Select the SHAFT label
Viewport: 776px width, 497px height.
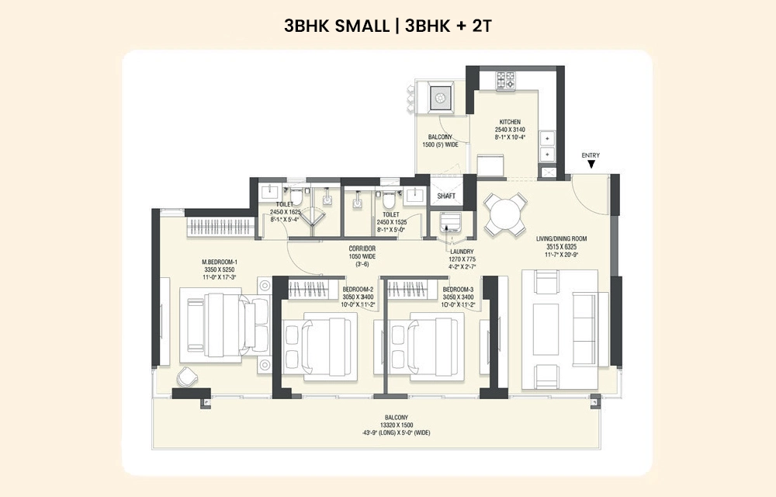click(x=446, y=196)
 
